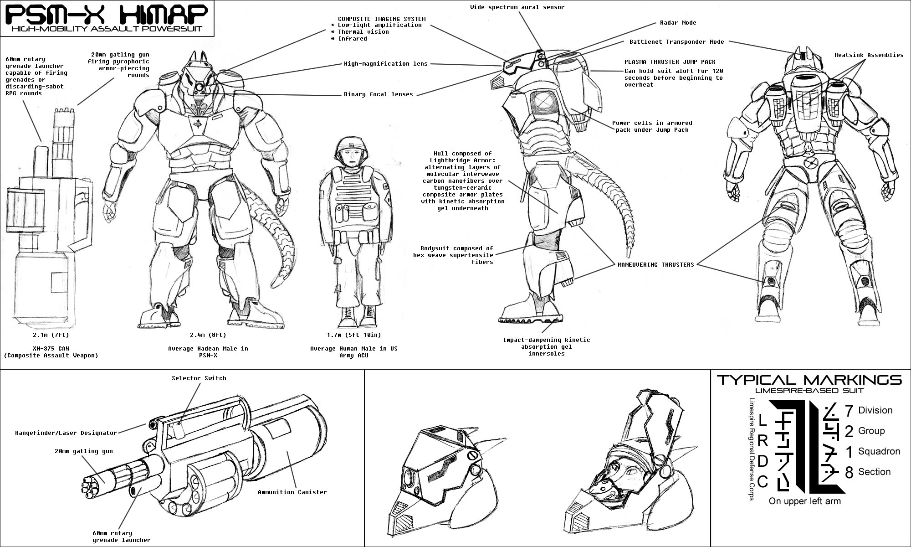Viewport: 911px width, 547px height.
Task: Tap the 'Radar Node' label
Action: coord(678,23)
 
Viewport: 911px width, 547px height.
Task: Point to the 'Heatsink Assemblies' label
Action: coord(869,55)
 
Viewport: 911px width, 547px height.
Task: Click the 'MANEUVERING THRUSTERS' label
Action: coord(655,265)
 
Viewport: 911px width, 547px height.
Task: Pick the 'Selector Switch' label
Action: coord(199,378)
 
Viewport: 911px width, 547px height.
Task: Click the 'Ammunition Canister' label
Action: coord(292,492)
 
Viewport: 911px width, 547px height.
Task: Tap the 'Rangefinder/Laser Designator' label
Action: coord(66,433)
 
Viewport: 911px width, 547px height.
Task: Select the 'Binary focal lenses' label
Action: coord(378,95)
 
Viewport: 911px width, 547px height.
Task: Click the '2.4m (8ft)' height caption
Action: coord(208,335)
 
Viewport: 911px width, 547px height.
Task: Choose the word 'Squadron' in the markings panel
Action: coord(879,452)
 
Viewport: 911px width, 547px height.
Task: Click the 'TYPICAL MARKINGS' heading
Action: coord(809,380)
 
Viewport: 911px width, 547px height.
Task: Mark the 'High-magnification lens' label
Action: coord(385,64)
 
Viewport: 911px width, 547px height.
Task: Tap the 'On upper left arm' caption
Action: coord(804,501)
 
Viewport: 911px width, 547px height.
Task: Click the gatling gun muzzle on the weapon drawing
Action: coord(90,484)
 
